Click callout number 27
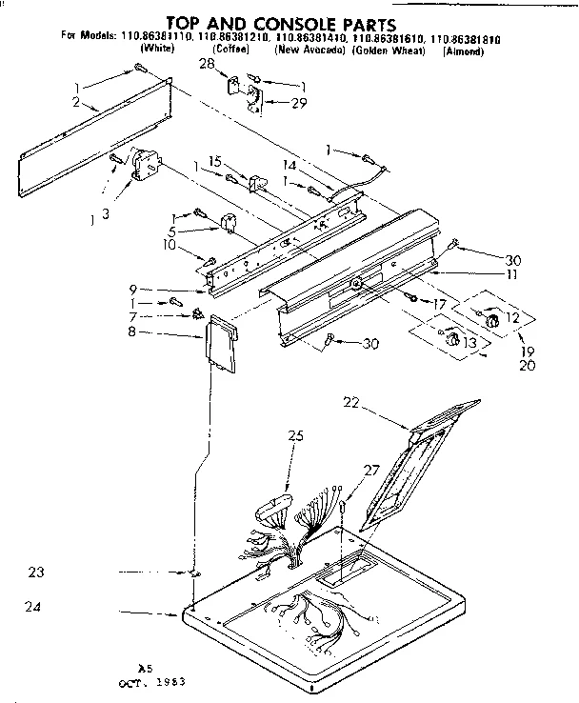pyautogui.click(x=370, y=470)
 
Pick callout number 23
pyautogui.click(x=36, y=572)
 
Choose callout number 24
pyautogui.click(x=36, y=606)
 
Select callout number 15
pyautogui.click(x=216, y=162)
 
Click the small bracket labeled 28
pyautogui.click(x=234, y=86)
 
